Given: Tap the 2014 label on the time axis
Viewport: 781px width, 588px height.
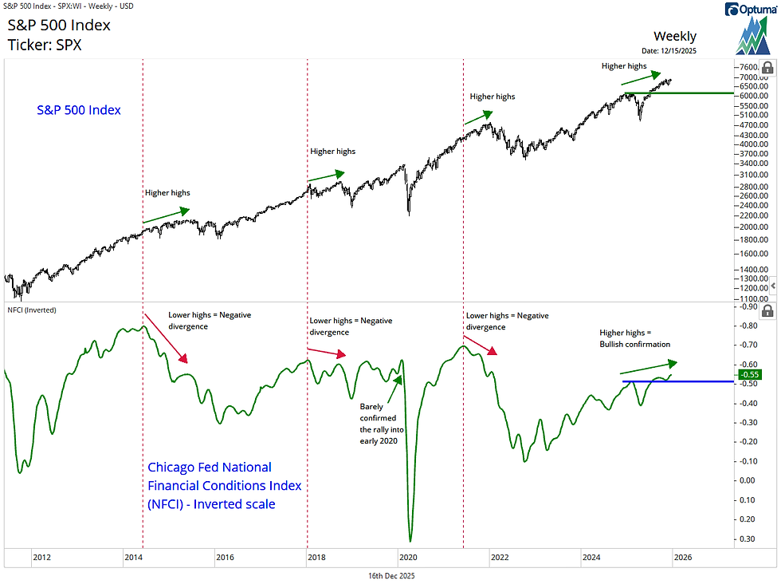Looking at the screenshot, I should (x=132, y=558).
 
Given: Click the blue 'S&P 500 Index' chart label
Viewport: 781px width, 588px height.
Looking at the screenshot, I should (x=79, y=109).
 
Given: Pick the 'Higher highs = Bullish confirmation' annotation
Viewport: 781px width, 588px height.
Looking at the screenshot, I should (x=634, y=338).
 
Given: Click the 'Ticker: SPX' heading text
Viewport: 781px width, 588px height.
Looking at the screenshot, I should (x=45, y=45).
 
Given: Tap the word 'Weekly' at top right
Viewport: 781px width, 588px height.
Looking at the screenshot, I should (x=674, y=36).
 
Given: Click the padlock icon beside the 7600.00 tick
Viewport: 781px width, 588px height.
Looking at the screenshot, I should (x=767, y=68).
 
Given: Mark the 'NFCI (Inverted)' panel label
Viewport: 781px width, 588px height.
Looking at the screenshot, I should (x=31, y=309).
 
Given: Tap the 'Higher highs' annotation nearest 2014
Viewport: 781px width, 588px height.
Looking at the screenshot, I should (x=167, y=192).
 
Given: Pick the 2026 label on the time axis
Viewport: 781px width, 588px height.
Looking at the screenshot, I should (x=682, y=558).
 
